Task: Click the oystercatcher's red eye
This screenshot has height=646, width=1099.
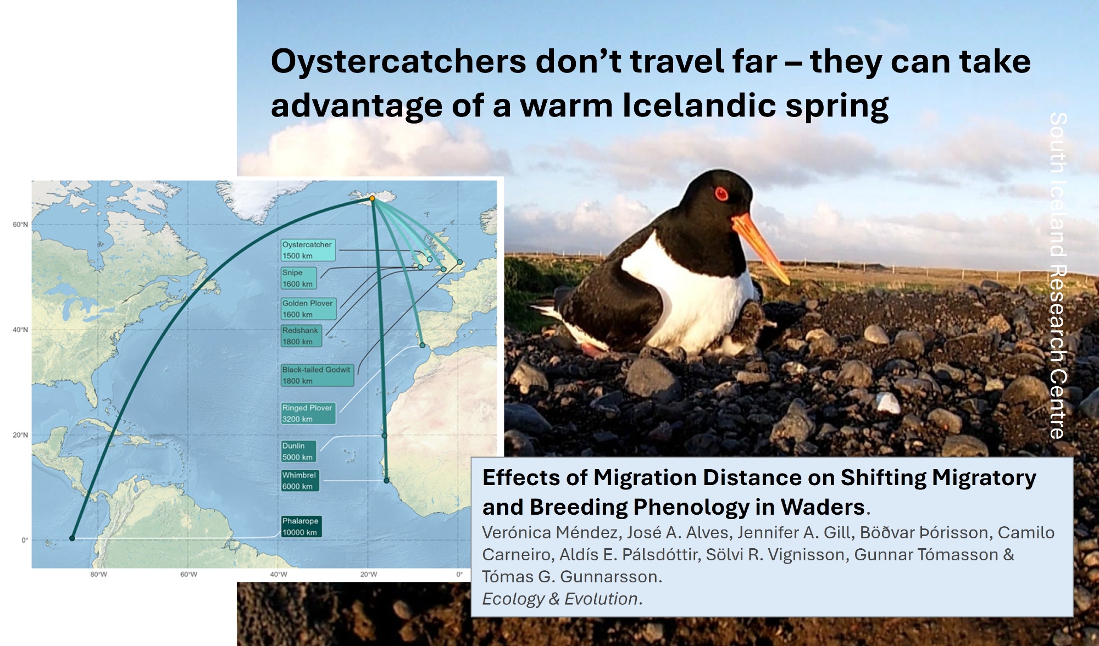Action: (721, 194)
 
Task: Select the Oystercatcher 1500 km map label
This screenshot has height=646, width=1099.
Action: (308, 250)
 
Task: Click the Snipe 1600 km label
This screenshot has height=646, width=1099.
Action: (298, 278)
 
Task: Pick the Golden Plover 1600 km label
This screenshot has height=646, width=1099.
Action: (308, 309)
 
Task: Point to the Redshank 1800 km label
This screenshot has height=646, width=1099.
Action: (301, 336)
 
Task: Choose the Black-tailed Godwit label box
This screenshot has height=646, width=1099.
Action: (317, 375)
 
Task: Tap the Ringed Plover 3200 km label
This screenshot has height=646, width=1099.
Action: (308, 413)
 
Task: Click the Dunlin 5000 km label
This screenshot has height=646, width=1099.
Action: (298, 451)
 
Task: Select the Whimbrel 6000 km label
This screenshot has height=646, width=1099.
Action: (300, 481)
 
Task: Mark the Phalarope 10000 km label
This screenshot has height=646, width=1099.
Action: (301, 526)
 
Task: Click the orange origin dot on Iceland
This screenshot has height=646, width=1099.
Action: (372, 198)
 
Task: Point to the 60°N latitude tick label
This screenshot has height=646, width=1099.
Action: (20, 225)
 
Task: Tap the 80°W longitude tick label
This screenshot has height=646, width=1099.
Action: (99, 575)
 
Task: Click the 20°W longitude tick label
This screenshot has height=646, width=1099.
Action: (369, 575)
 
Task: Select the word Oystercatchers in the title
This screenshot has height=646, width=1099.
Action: (399, 62)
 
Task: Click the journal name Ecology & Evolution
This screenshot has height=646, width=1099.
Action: (560, 599)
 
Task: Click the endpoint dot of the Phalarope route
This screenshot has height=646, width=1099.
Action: (72, 538)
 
